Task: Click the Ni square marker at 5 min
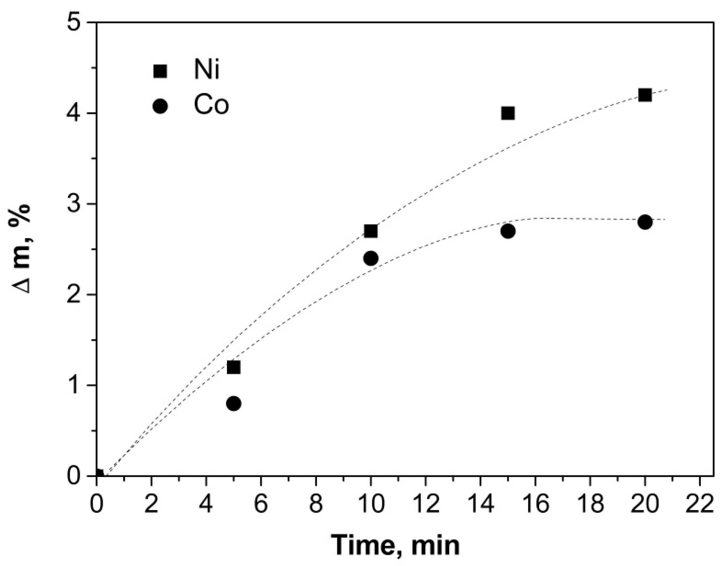[234, 367]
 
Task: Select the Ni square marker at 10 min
[371, 231]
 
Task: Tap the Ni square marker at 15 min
[508, 113]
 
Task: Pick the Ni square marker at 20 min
[645, 95]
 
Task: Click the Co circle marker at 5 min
[234, 404]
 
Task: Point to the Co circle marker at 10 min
[371, 259]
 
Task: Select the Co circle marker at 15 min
[508, 232]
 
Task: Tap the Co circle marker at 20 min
[645, 222]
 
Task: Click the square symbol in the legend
[160, 71]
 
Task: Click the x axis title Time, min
[397, 545]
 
